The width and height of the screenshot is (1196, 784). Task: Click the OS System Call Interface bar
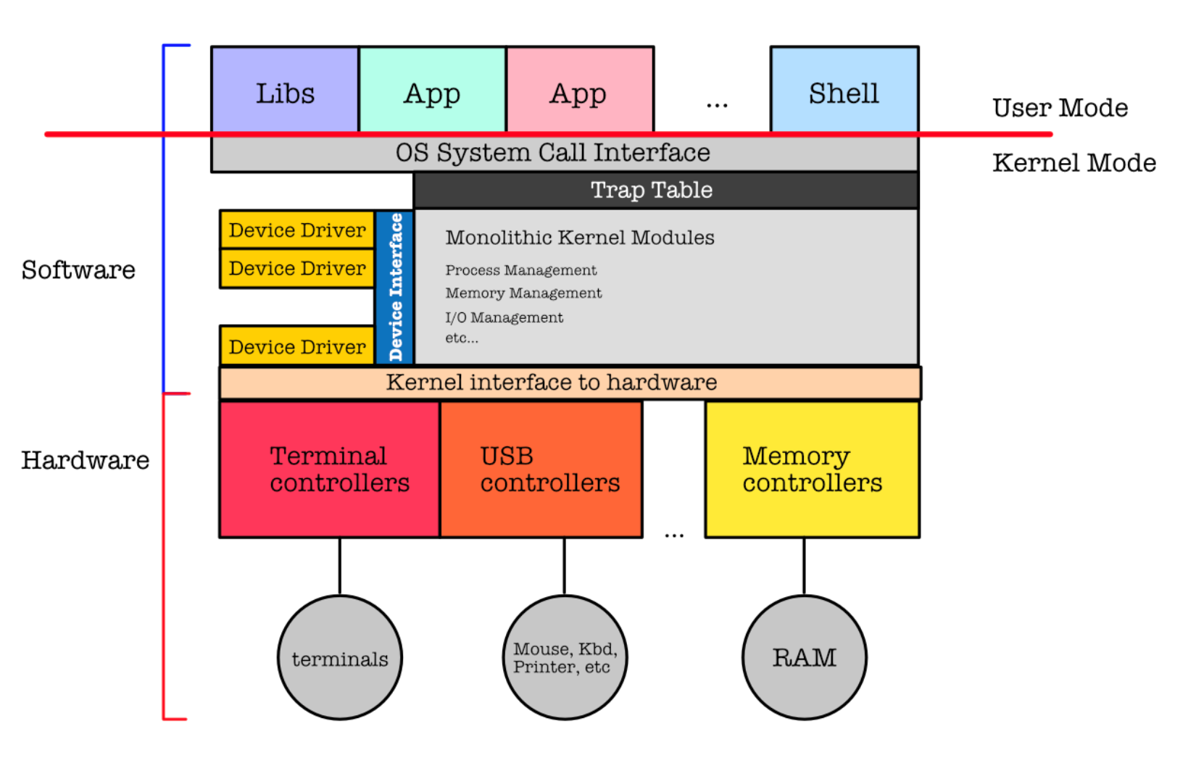pos(552,154)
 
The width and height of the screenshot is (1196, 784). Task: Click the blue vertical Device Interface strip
pos(395,287)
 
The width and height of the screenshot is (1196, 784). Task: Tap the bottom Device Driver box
pos(297,346)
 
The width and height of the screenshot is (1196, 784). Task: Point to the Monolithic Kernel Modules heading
pos(579,238)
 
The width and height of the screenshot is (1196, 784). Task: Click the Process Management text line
pos(520,270)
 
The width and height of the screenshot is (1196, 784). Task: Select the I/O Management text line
pos(504,317)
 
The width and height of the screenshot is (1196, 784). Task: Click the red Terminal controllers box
pos(330,469)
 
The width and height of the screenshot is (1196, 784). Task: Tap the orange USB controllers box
pos(541,469)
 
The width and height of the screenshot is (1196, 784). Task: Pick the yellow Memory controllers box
pos(812,469)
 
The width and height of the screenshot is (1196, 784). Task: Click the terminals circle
pos(340,657)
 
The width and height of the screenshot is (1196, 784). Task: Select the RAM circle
pos(804,657)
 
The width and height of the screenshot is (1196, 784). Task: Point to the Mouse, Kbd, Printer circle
pos(565,657)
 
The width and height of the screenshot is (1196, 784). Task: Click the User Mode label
pos(1060,108)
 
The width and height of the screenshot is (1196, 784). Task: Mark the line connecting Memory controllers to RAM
pos(804,566)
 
